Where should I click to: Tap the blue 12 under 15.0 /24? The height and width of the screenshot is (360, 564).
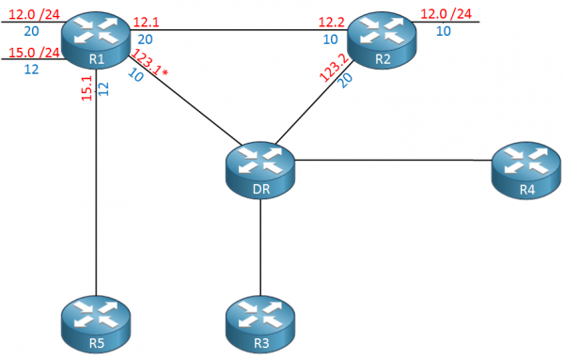point(31,70)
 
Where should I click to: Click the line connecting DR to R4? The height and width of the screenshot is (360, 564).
point(395,160)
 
